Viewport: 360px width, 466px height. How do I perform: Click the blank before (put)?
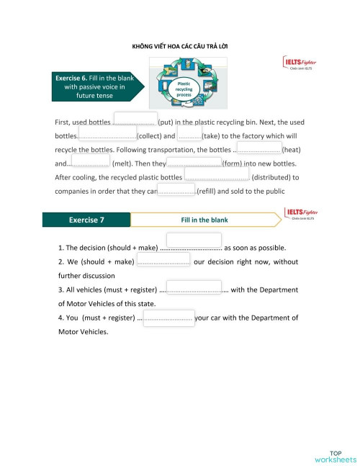pyautogui.click(x=135, y=120)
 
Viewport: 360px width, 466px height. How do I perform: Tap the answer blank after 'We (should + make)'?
pyautogui.click(x=163, y=260)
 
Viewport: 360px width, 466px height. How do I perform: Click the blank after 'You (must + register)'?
pyautogui.click(x=168, y=318)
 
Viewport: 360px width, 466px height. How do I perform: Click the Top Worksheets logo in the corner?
pyautogui.click(x=335, y=455)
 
